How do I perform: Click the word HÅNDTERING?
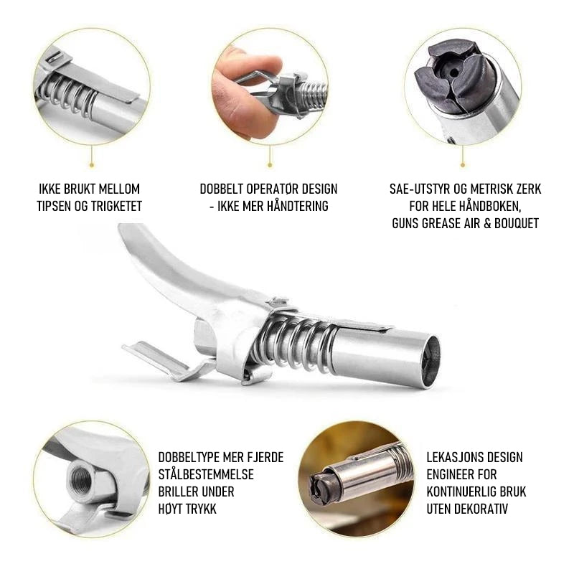pyautogui.click(x=291, y=206)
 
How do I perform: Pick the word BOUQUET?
pyautogui.click(x=517, y=223)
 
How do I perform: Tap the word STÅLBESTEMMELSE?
pyautogui.click(x=206, y=474)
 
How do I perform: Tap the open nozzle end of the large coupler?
pyautogui.click(x=430, y=362)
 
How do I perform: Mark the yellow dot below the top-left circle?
pyautogui.click(x=92, y=166)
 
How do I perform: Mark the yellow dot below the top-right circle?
pyautogui.click(x=463, y=166)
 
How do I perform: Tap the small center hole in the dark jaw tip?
pyautogui.click(x=454, y=73)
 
